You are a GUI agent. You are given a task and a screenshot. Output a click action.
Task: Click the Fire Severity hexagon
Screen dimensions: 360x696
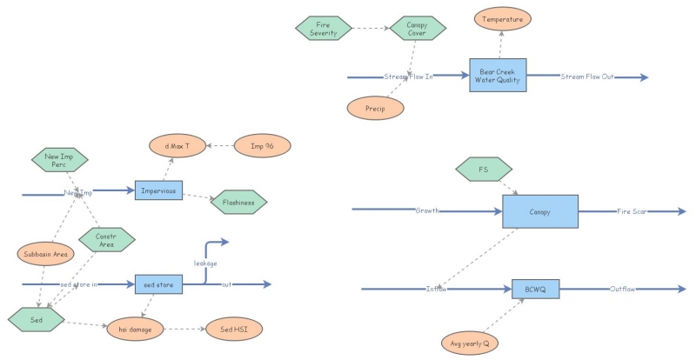pos(324,28)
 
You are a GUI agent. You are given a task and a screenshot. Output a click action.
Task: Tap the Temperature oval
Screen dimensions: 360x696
pos(502,17)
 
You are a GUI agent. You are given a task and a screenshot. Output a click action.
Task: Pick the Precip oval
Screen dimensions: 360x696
pos(376,108)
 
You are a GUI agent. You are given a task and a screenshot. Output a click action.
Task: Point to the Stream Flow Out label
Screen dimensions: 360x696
pos(587,77)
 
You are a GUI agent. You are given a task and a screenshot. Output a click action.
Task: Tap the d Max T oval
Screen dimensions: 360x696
pos(177,146)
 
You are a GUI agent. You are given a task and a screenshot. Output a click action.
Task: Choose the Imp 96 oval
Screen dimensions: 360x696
pos(262,146)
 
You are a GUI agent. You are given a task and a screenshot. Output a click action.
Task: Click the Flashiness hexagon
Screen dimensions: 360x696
pos(238,202)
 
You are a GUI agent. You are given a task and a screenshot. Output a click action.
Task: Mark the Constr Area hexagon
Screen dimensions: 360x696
pos(106,240)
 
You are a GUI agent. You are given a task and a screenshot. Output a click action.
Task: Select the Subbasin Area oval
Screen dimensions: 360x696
pos(44,254)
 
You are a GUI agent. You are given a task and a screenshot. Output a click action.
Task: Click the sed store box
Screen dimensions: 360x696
pos(157,283)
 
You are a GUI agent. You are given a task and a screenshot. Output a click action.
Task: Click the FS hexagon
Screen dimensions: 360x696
pos(485,169)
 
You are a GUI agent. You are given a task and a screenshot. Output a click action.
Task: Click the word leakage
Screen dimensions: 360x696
pos(205,263)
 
